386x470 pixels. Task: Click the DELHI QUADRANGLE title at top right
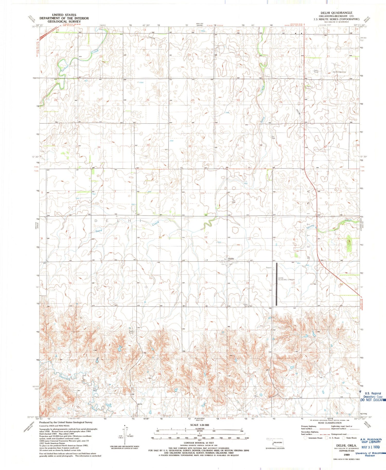tap(336, 13)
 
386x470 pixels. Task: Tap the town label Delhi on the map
tap(231, 259)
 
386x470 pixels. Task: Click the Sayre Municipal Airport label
tap(286, 280)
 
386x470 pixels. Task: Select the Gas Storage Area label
tap(339, 72)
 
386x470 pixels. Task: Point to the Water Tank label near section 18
tap(245, 305)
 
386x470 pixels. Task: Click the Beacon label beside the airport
tap(269, 268)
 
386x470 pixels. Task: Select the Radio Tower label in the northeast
tap(316, 71)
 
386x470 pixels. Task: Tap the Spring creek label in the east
tap(310, 227)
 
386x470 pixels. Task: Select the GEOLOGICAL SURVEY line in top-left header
tap(64, 22)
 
